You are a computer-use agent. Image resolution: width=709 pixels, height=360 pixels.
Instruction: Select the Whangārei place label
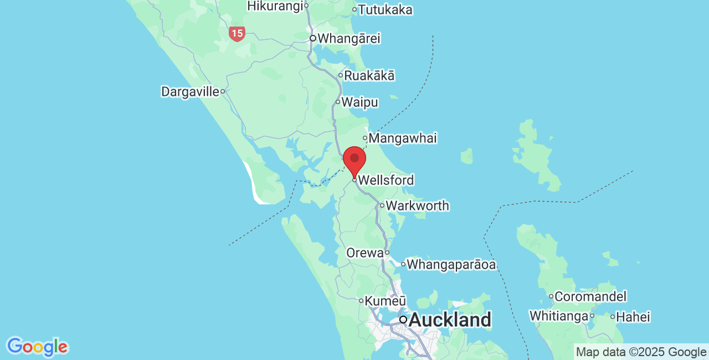click(x=348, y=39)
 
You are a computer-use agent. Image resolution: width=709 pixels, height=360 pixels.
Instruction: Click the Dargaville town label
click(x=190, y=91)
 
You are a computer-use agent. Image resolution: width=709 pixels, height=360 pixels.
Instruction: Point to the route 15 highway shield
click(x=237, y=33)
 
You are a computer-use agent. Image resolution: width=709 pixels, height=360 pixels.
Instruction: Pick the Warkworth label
click(x=417, y=205)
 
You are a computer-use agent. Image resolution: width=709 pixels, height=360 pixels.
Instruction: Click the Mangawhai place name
click(x=402, y=138)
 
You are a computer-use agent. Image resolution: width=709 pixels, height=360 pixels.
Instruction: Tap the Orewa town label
click(x=364, y=253)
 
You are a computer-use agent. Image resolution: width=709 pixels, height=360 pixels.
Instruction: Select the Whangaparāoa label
click(x=451, y=264)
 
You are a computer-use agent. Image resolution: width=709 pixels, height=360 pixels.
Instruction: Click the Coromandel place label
click(x=590, y=296)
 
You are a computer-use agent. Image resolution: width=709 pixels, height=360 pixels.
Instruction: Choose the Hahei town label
click(x=633, y=317)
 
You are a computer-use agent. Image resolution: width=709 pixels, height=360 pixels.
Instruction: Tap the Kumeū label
click(x=386, y=301)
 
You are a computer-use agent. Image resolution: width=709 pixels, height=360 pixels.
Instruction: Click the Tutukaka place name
click(x=385, y=9)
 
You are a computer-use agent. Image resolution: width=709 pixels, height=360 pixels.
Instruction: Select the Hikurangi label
click(x=275, y=6)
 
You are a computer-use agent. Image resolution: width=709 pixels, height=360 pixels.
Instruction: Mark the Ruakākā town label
click(x=369, y=75)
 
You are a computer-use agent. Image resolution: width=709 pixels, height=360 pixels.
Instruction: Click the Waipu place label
click(x=359, y=102)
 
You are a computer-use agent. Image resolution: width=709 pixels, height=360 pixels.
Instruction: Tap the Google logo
click(x=37, y=347)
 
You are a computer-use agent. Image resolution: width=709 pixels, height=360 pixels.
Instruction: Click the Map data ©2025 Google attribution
click(x=641, y=352)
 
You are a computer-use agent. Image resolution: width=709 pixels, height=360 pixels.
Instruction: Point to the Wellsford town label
click(x=386, y=180)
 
